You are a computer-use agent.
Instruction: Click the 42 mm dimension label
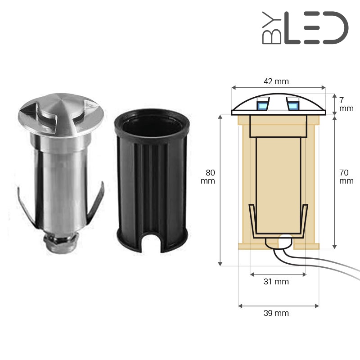click(276, 81)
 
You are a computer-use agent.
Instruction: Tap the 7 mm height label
click(346, 104)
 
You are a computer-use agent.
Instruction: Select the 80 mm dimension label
click(208, 176)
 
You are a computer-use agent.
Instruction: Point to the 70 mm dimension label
click(346, 176)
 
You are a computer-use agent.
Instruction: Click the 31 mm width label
click(276, 282)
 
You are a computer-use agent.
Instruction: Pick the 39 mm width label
click(276, 313)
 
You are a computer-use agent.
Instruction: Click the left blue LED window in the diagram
click(262, 106)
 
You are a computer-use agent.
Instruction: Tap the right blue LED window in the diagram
click(293, 106)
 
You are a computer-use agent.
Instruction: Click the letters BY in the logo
click(272, 28)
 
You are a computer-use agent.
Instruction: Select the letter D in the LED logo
click(335, 28)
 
